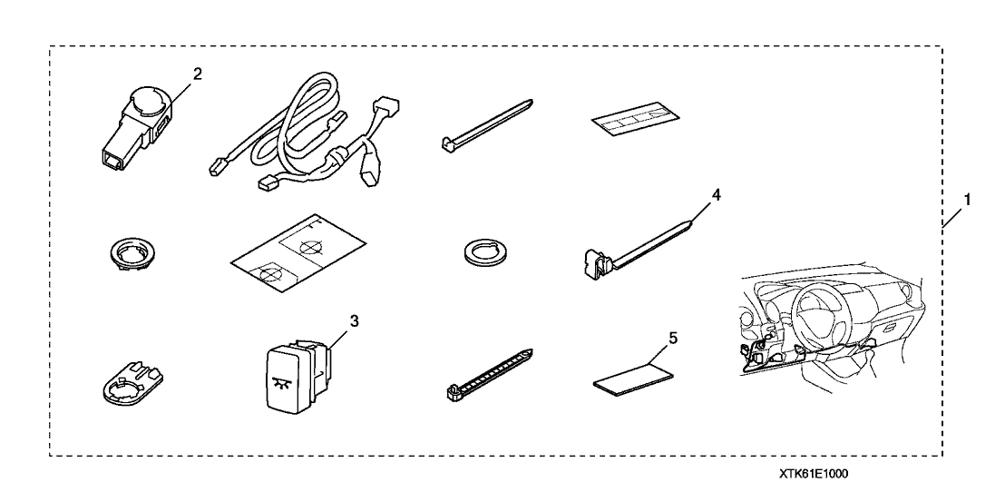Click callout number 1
[967, 200]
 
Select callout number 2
[198, 74]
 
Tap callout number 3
[353, 320]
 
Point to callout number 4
[716, 195]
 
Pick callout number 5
[673, 338]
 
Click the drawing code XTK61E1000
[814, 475]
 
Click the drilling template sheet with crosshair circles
[298, 254]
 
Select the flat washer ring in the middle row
[482, 251]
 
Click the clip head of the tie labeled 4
[595, 265]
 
